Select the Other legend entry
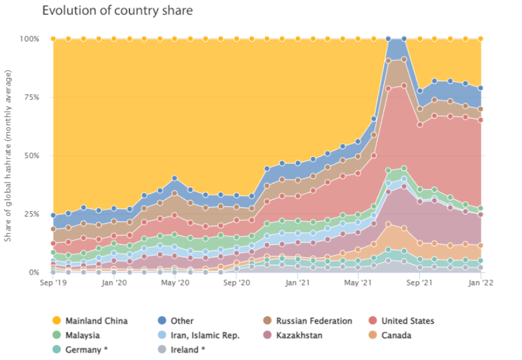pyautogui.click(x=181, y=320)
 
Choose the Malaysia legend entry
pyautogui.click(x=81, y=336)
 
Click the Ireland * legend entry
pyautogui.click(x=189, y=350)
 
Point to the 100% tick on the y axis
pyautogui.click(x=29, y=39)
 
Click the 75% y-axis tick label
pyautogui.click(x=31, y=97)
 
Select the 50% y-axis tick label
pyautogui.click(x=31, y=156)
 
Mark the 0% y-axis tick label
pyautogui.click(x=34, y=272)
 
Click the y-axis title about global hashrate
pyautogui.click(x=9, y=156)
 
